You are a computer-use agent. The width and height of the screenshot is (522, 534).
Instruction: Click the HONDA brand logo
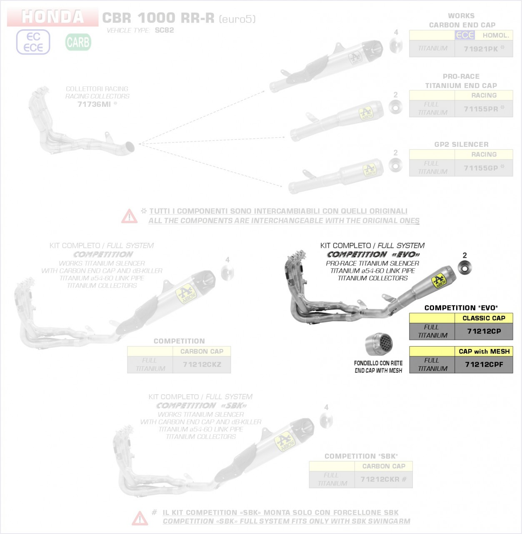pos(52,17)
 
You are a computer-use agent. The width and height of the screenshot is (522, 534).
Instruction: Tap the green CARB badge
pos(78,42)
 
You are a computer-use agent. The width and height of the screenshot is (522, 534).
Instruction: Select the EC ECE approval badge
pos(33,42)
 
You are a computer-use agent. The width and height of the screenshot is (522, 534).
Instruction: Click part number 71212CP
pos(484,331)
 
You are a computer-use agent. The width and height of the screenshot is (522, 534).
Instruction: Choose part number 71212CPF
pos(484,365)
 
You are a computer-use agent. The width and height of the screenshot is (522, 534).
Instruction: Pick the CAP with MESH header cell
pos(484,351)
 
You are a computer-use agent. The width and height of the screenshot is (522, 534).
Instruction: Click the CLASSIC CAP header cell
pos(484,318)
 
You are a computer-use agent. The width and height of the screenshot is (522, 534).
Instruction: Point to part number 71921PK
pos(481,49)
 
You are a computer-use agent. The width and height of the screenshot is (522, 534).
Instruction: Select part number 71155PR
pos(481,109)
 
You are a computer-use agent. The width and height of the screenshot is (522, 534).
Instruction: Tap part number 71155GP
pos(481,168)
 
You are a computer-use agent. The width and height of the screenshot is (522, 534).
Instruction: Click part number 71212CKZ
pos(202,365)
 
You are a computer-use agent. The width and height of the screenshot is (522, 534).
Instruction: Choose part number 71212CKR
pos(380,479)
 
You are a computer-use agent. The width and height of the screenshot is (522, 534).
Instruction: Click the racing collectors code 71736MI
pos(94,104)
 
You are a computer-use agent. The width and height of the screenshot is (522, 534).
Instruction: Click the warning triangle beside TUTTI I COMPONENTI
pos(129,216)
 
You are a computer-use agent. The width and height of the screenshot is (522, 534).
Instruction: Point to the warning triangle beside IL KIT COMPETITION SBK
pos(140,518)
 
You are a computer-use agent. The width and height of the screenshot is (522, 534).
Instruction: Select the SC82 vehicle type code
pos(164,30)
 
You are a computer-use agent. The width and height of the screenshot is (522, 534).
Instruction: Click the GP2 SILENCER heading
pos(461,144)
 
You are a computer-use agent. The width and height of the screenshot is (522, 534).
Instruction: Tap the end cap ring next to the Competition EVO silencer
pos(465,267)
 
